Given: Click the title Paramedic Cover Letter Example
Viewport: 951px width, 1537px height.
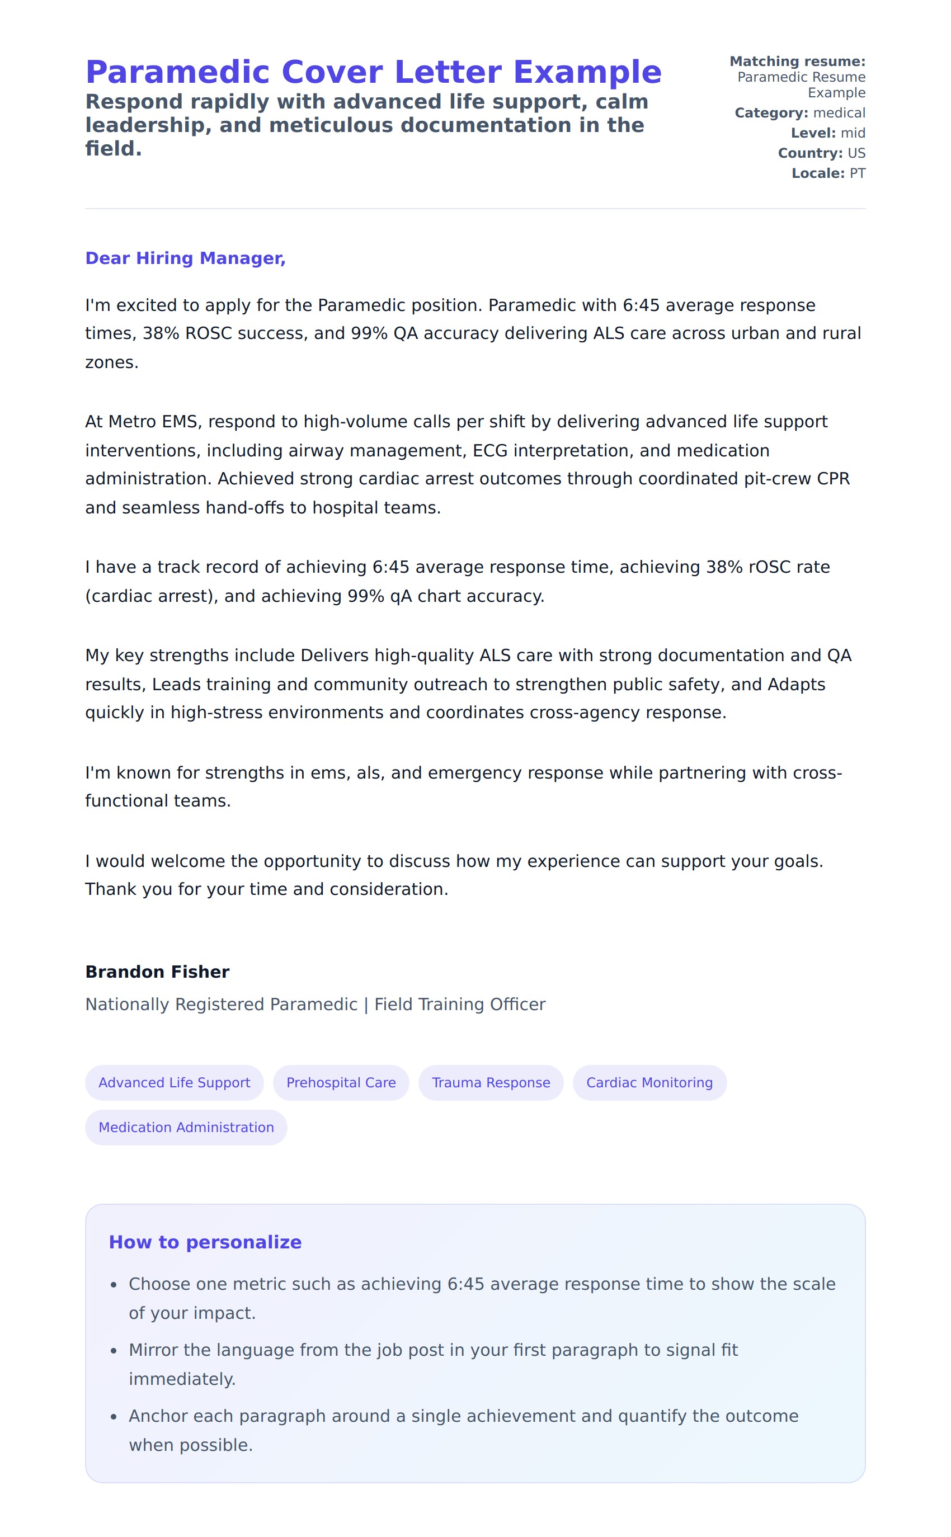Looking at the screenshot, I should (374, 72).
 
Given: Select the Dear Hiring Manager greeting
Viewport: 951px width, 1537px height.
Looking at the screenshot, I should (186, 258).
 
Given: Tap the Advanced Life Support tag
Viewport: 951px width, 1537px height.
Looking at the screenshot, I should (174, 1082).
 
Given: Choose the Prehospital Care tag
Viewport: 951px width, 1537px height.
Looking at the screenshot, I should (341, 1082).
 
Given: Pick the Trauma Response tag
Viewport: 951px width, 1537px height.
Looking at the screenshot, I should (491, 1082).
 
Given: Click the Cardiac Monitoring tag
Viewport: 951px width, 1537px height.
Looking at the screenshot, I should (649, 1082).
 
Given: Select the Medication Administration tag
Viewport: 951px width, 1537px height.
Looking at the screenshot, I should (186, 1127).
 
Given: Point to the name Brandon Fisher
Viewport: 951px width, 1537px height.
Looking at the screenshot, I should (157, 972).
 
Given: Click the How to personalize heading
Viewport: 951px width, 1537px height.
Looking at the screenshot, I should (205, 1242).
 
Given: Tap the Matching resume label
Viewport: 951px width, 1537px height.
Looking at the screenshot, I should (798, 62).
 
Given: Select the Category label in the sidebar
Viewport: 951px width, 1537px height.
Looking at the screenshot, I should (771, 113).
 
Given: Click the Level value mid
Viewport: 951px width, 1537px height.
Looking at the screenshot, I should (853, 133).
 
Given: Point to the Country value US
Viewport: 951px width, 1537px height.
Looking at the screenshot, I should (856, 153).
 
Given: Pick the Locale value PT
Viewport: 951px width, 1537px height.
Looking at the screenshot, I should (857, 173).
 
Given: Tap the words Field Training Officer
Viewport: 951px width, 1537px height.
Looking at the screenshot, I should (460, 1005).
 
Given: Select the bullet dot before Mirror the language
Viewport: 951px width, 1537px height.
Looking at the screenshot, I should (114, 1351).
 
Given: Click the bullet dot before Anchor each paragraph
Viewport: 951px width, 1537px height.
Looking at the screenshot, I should (114, 1417).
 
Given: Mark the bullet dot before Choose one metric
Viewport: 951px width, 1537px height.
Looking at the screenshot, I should (114, 1285).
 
